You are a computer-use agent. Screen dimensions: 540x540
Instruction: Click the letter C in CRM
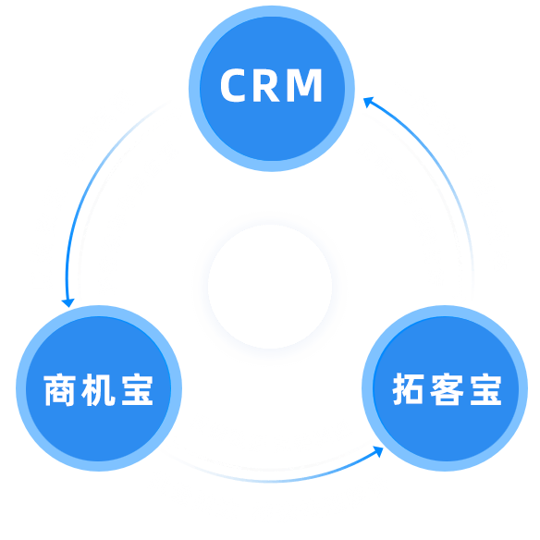(x=233, y=85)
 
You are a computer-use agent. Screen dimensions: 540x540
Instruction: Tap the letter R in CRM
(x=266, y=85)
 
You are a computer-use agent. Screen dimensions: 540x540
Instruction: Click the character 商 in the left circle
(x=59, y=389)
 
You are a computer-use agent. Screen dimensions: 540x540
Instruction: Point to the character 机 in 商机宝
(x=98, y=389)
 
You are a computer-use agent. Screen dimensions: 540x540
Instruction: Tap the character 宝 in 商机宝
(x=137, y=389)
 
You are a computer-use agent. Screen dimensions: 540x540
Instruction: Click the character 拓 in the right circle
(x=408, y=388)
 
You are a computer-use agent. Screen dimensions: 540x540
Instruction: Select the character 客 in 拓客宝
(x=447, y=388)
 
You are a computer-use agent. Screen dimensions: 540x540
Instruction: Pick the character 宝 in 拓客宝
(x=486, y=388)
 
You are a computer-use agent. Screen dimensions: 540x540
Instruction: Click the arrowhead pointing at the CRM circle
(x=368, y=102)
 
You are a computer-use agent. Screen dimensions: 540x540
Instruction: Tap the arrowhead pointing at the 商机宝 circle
(x=68, y=302)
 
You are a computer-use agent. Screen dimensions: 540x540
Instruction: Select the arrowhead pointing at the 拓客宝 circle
(x=378, y=451)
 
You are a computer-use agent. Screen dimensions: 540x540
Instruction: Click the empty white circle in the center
(x=270, y=287)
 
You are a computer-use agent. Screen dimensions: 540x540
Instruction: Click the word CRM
(x=271, y=85)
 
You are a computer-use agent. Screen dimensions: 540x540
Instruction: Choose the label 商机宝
(x=98, y=389)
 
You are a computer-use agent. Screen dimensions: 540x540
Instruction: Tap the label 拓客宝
(x=447, y=388)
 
